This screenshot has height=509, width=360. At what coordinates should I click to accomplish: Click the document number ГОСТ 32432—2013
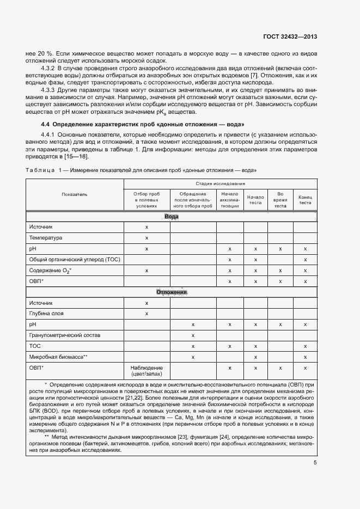point(290,36)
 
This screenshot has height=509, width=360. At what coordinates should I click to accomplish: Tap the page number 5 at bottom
point(315,463)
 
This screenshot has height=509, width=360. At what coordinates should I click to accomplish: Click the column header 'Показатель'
point(75,194)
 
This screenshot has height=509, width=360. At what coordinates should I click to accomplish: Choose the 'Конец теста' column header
point(305,200)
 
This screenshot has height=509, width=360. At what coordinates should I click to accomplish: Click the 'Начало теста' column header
point(255,200)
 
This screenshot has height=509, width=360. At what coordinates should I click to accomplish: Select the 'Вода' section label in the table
point(172,217)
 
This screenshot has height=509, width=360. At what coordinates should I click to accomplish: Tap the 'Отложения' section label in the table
point(172,292)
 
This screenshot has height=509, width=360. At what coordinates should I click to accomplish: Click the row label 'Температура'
point(46,238)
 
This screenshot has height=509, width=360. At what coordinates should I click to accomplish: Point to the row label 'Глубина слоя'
point(46,314)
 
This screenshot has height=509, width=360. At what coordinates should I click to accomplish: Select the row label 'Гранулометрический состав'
point(65,335)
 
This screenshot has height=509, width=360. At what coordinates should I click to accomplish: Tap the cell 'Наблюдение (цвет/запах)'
point(147,371)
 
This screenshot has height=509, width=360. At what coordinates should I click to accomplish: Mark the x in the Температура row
point(147,238)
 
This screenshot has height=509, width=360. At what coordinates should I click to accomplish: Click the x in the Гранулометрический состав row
point(193,335)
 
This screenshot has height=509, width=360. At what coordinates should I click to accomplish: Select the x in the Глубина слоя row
point(147,314)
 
